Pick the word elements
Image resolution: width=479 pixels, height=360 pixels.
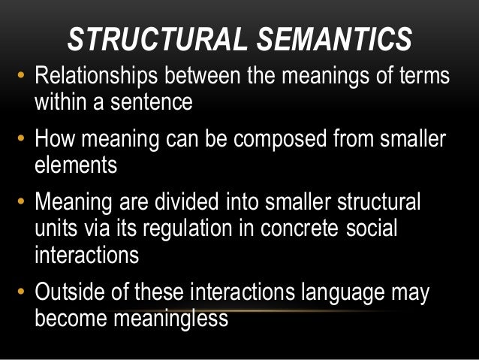tap(76, 164)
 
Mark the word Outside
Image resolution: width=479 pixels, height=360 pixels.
tap(77, 293)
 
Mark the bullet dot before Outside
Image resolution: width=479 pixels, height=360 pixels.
tap(21, 295)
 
